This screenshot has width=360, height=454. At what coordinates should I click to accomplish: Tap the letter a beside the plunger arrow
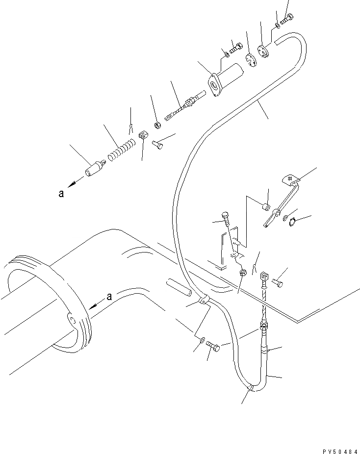point(61,193)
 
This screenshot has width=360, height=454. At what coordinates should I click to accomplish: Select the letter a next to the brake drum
point(109,296)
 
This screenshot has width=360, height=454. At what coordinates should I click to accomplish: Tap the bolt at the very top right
point(286,20)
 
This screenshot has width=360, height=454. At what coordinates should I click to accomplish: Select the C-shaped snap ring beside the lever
point(291,222)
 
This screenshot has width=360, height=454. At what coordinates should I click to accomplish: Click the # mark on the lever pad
point(289,178)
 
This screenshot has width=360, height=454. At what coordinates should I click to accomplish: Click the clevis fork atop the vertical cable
point(264,278)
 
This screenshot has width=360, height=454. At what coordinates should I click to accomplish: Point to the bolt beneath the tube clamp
point(213,347)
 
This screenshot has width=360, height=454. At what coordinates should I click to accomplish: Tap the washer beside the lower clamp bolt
point(203,339)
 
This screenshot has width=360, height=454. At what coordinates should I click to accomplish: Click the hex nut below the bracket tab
point(242,273)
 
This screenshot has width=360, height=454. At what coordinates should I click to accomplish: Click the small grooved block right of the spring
point(143,135)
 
